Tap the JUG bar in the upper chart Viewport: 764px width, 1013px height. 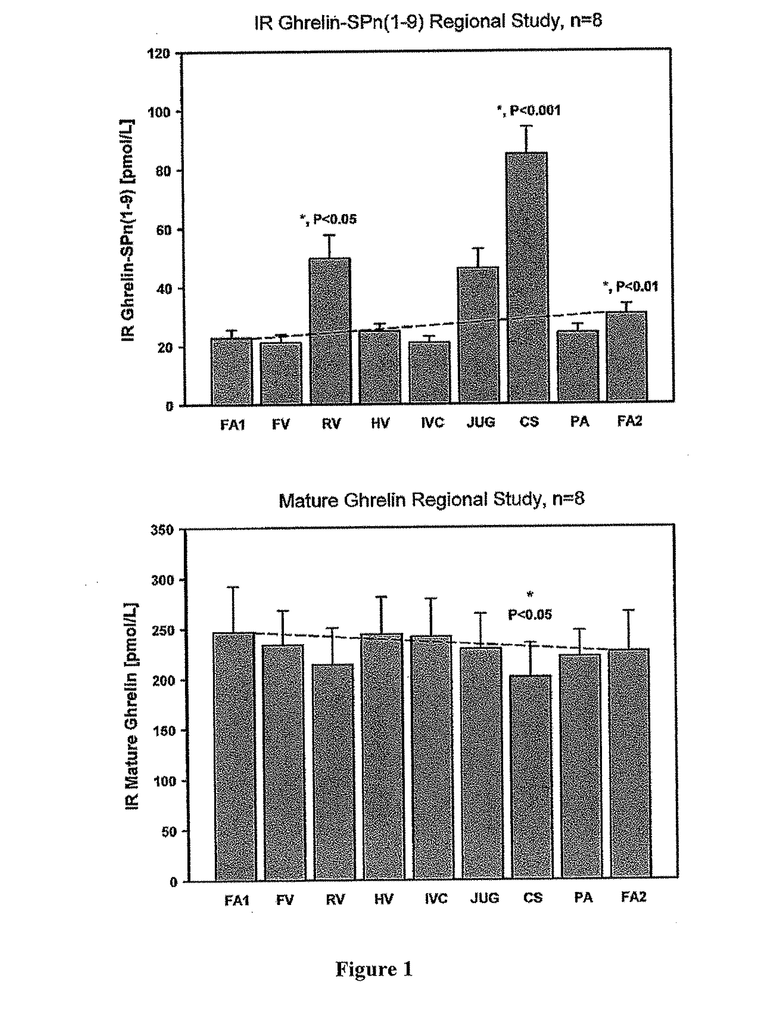[478, 334]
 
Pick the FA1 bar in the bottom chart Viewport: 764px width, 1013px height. [235, 756]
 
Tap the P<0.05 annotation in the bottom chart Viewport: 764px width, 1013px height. [530, 614]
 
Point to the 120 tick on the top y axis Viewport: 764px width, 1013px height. [158, 54]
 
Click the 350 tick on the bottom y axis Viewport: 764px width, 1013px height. [162, 530]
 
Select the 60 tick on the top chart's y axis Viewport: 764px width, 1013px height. [164, 230]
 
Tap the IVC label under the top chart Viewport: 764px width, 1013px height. [432, 422]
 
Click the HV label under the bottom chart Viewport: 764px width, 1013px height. [384, 899]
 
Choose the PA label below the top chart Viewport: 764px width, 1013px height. [579, 421]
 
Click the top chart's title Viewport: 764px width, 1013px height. [428, 22]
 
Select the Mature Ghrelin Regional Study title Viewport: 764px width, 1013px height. [432, 499]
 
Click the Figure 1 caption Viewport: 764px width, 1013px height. [374, 969]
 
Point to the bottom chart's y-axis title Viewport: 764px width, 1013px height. [132, 706]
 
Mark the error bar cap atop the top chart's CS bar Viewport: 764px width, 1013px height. [526, 125]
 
